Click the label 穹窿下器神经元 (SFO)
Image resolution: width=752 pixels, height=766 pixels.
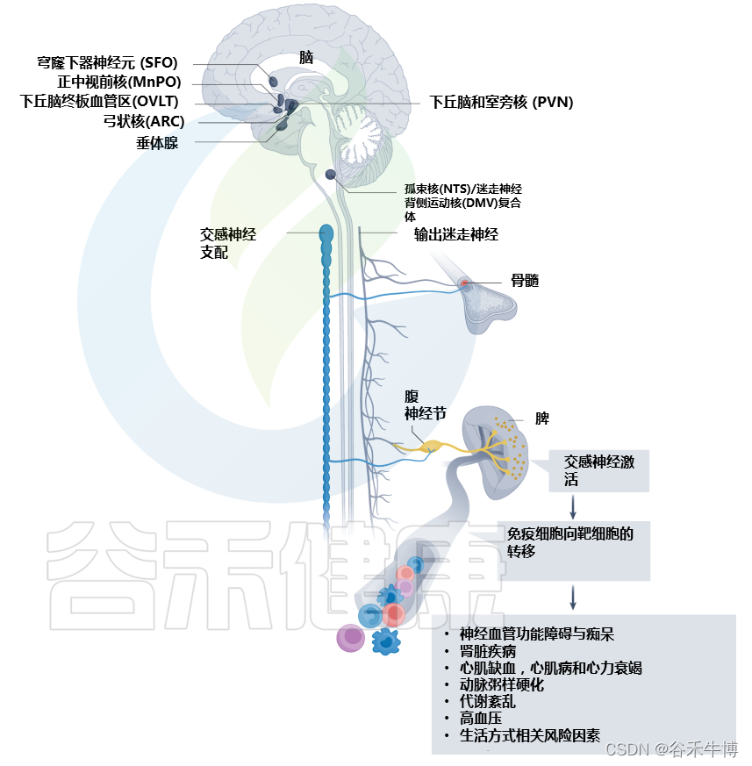107,63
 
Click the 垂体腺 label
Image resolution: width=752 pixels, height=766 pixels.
157,142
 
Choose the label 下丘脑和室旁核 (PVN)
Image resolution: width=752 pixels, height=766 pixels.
501,103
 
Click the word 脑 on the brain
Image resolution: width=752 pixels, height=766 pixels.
306,58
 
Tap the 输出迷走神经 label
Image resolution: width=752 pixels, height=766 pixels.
456,234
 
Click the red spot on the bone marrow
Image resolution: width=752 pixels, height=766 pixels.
465,283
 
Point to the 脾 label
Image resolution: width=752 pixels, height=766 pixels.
542,419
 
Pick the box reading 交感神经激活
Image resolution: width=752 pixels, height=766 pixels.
598,470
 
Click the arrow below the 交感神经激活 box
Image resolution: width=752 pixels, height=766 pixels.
573,506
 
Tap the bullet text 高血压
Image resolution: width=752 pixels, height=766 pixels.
482,719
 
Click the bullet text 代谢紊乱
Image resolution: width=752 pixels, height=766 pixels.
487,702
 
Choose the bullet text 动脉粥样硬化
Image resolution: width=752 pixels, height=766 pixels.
502,684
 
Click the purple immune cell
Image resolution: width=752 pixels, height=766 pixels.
353,636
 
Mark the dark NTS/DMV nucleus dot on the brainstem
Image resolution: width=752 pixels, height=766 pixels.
331,175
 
